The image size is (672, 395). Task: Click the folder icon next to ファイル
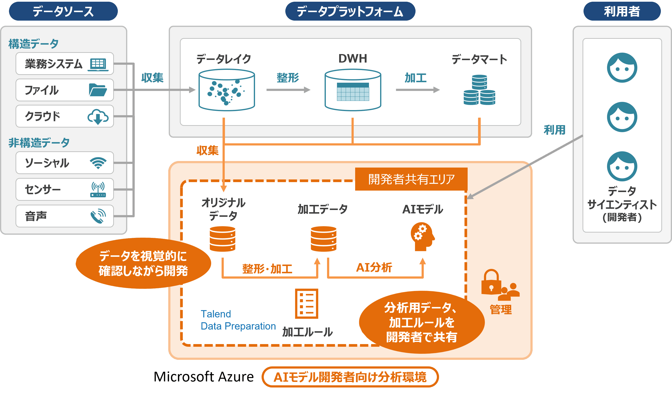point(98,90)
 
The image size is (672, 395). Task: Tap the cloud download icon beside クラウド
point(98,117)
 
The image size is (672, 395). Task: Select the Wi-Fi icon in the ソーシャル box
point(98,163)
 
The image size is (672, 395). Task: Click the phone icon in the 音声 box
point(98,216)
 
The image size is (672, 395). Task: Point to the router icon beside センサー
point(98,189)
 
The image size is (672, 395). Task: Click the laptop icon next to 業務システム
point(98,64)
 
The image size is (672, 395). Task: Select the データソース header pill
point(63,11)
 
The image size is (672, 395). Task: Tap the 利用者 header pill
point(622,11)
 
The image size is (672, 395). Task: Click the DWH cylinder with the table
point(353,90)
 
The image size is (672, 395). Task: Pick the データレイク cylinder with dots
point(227,90)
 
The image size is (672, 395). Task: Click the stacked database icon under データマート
point(479,90)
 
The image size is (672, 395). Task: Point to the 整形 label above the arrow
point(288,78)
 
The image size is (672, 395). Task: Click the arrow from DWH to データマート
point(418,90)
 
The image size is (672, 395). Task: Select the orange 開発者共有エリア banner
point(411,179)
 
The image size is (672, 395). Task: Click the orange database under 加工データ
point(323,239)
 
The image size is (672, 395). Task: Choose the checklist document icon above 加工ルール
point(307,304)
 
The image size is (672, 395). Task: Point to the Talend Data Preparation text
point(238,320)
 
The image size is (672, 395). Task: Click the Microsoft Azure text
point(203,377)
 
